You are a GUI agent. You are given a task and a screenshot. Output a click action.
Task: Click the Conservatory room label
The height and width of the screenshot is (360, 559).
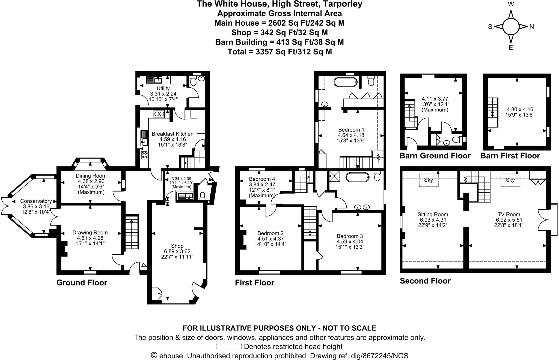point(36,201)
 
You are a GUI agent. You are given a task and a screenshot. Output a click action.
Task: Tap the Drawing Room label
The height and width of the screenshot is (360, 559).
point(90,233)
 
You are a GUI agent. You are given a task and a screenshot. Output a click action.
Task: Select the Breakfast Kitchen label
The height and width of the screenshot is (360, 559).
point(173,134)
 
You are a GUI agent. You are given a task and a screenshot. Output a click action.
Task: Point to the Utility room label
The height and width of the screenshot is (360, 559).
point(163,88)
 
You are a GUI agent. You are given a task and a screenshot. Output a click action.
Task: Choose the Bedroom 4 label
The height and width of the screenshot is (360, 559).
point(262,179)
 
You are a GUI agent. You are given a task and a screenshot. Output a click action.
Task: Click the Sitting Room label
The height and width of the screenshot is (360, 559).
point(433,215)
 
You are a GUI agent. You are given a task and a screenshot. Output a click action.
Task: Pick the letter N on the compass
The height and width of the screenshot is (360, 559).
point(532,27)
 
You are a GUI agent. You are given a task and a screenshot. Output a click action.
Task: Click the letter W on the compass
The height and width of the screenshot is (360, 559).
point(511,4)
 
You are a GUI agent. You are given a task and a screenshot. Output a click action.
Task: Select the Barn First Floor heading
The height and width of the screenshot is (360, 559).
point(510,156)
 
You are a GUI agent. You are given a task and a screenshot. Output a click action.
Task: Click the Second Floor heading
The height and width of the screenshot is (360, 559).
point(425,281)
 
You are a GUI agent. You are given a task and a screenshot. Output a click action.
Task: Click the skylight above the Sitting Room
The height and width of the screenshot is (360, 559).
point(429,180)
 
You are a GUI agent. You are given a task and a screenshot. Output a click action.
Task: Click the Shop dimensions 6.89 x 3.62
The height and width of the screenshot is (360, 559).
point(177,251)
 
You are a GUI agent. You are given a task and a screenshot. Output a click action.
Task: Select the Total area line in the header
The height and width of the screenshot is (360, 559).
point(280,52)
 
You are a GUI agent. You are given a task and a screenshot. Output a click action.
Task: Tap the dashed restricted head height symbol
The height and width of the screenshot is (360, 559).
point(229,347)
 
